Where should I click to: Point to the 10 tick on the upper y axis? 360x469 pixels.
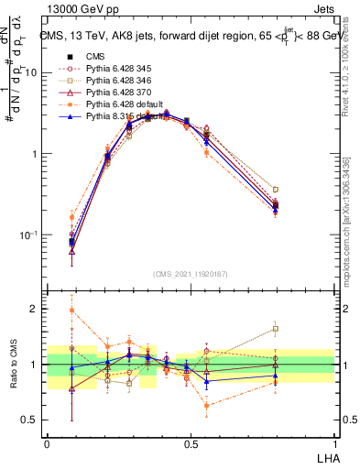[x=32, y=71]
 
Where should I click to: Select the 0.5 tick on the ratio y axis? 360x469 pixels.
[x=31, y=420]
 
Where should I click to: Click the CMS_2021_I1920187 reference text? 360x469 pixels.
[x=191, y=274]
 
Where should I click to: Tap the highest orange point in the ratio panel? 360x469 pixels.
[x=72, y=311]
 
